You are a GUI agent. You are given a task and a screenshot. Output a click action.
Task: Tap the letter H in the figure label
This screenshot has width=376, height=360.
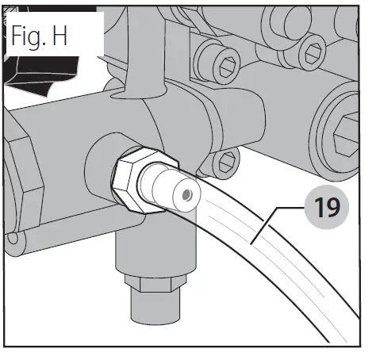[79, 38]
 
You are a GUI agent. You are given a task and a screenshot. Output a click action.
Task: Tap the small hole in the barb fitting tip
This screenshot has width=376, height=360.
[186, 193]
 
